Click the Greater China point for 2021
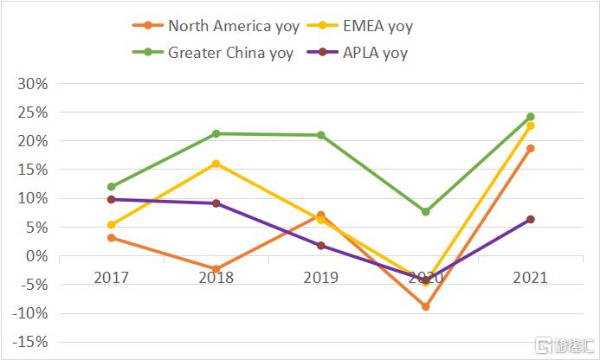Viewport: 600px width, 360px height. [530, 117]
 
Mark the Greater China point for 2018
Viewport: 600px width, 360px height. [216, 133]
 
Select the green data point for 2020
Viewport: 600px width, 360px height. [425, 211]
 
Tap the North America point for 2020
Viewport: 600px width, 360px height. [425, 306]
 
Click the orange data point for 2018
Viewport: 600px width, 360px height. [216, 269]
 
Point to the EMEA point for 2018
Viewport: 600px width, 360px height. [216, 163]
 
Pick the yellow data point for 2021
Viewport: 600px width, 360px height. [530, 125]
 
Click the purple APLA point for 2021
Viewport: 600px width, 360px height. [530, 219]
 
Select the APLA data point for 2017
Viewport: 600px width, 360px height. [111, 199]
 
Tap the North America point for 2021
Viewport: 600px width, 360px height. [530, 148]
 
